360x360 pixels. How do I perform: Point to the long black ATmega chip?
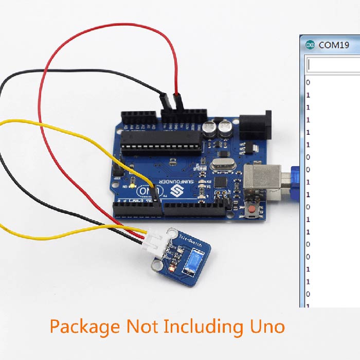pyautogui.click(x=159, y=138)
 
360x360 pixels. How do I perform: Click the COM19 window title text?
pyautogui.click(x=334, y=45)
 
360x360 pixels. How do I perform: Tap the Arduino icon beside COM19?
pyautogui.click(x=310, y=45)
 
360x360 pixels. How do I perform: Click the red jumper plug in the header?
pyautogui.click(x=178, y=101)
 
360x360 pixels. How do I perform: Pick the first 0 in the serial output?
pyautogui.click(x=308, y=82)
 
